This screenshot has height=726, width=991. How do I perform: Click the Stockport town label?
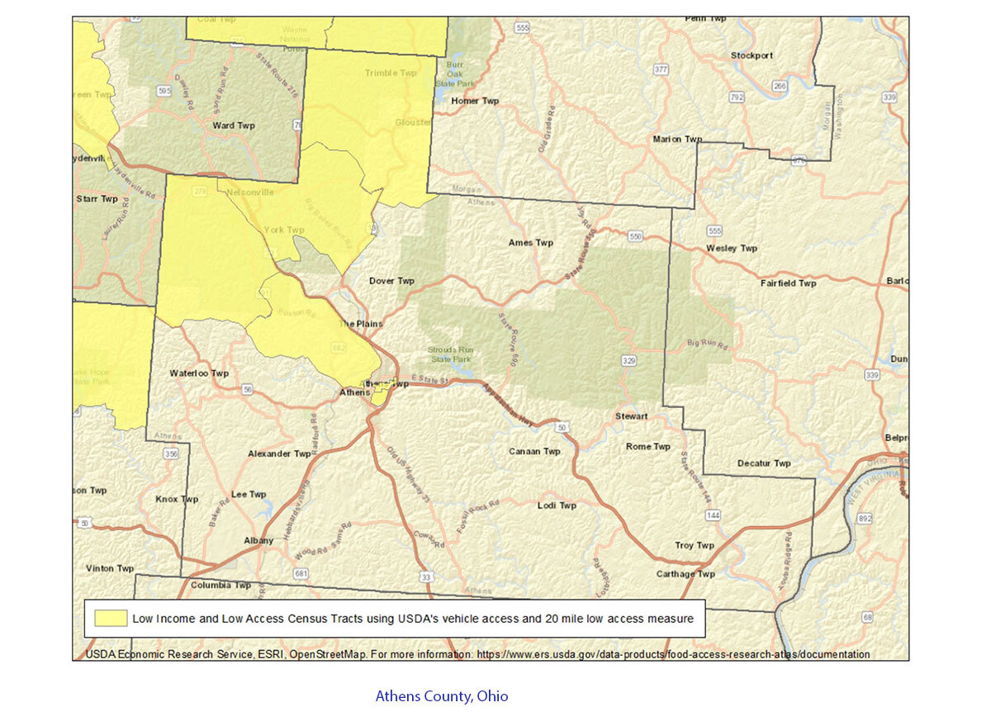click(752, 55)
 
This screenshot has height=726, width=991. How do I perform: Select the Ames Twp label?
click(531, 243)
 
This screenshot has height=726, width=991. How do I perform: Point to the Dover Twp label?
click(391, 281)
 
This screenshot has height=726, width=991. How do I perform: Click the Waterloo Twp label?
click(199, 373)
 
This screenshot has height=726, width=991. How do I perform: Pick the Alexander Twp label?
click(279, 453)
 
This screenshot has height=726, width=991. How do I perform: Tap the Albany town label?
click(258, 540)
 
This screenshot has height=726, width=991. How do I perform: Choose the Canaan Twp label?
click(534, 452)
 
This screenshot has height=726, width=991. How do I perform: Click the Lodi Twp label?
click(557, 505)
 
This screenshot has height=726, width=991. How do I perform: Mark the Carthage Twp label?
click(685, 574)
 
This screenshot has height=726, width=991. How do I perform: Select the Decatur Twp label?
click(764, 463)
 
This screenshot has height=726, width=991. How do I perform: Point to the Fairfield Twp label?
click(788, 283)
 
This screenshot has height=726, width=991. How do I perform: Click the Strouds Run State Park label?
click(449, 354)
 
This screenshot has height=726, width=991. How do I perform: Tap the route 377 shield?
click(661, 69)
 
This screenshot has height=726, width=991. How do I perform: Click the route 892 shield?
click(865, 518)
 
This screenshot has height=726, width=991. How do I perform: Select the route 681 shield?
click(301, 573)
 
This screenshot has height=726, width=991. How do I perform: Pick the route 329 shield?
click(629, 360)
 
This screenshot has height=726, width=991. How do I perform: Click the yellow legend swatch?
click(111, 618)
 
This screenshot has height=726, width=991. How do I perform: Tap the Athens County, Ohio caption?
click(442, 696)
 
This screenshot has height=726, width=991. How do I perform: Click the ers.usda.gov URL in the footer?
click(671, 654)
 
